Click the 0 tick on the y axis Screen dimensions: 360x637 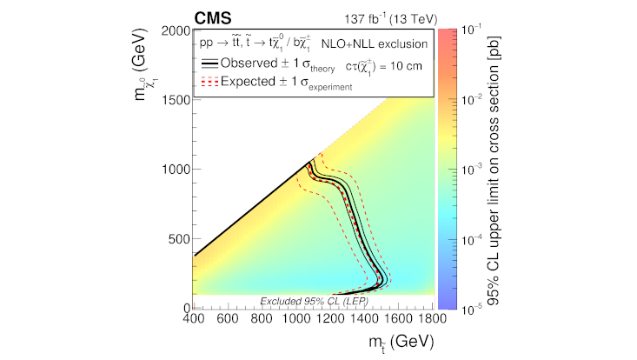186,308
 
